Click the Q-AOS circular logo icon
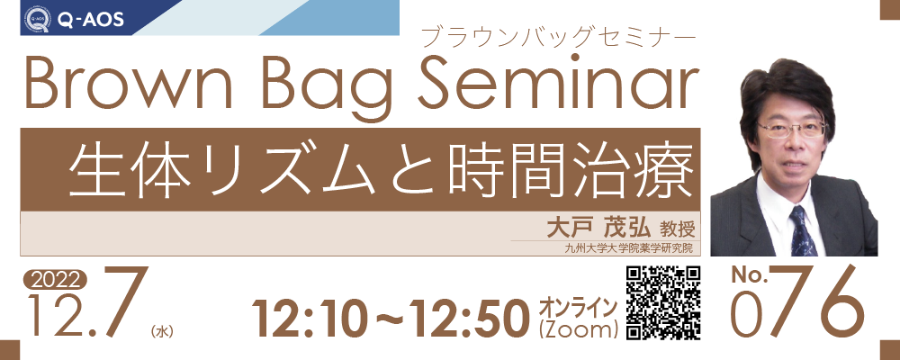click(37, 19)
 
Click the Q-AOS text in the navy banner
click(90, 20)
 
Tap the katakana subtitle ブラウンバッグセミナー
click(558, 38)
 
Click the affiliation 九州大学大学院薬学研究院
click(628, 248)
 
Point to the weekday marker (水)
click(161, 331)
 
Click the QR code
click(663, 302)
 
